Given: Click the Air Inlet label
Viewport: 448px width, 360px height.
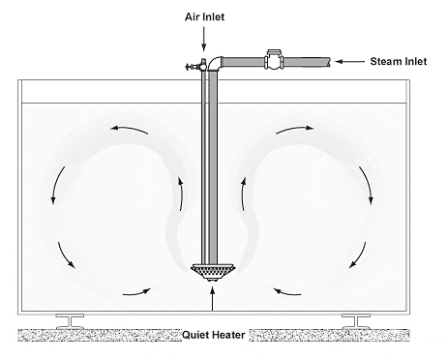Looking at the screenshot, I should click(204, 16).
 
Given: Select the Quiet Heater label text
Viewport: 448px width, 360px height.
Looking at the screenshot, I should click(215, 337).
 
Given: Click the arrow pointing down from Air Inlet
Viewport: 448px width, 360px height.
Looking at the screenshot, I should click(204, 39).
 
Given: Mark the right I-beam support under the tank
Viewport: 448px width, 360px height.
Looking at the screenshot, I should click(352, 320).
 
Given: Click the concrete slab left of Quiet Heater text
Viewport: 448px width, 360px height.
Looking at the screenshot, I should click(97, 336).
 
